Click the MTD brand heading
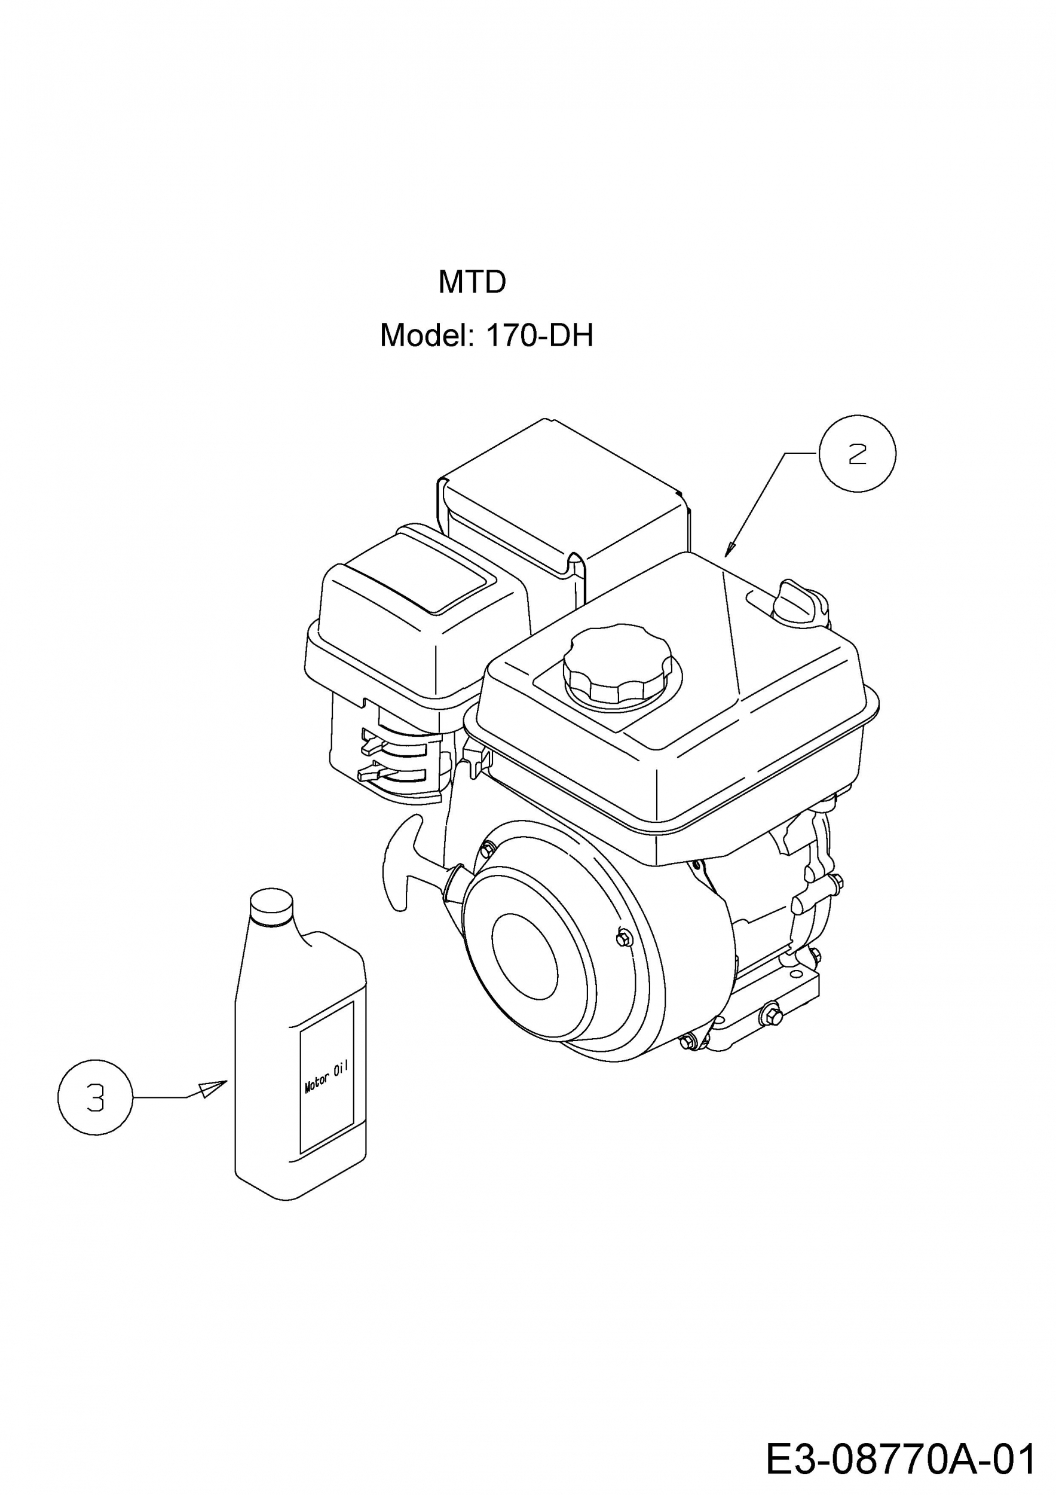click(x=472, y=282)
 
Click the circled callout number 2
click(x=858, y=453)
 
